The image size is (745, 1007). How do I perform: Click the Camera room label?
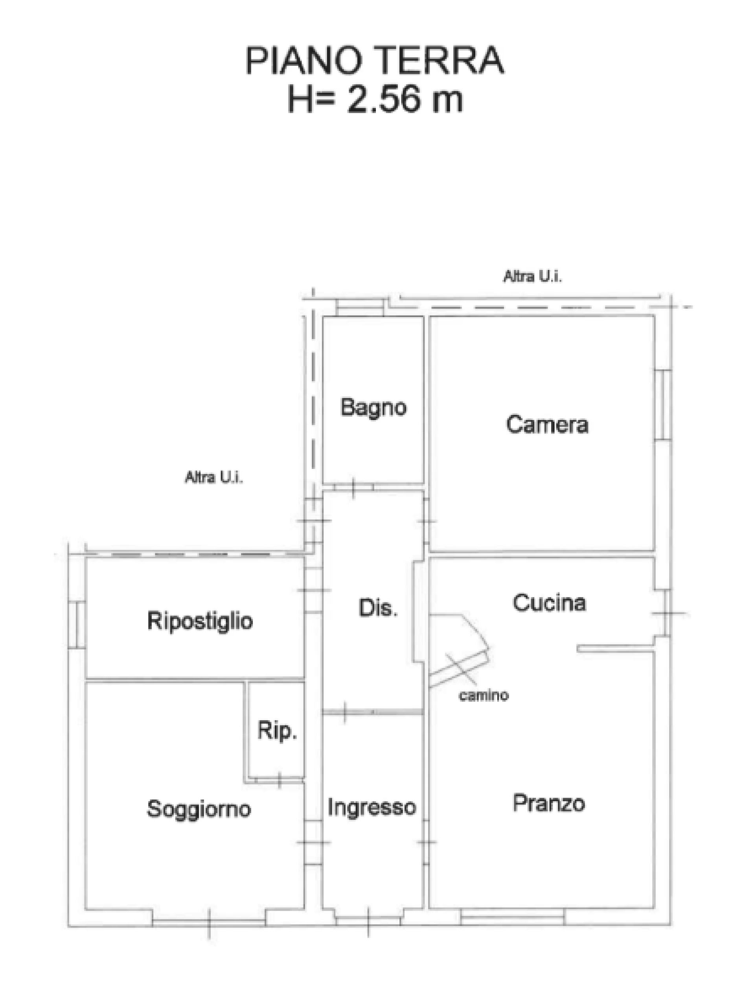tap(547, 424)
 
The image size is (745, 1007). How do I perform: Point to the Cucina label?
tap(549, 603)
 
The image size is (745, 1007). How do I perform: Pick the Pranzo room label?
tap(549, 803)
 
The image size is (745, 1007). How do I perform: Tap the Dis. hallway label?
tap(378, 608)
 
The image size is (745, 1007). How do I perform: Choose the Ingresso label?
tap(372, 808)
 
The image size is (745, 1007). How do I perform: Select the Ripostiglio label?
tap(200, 621)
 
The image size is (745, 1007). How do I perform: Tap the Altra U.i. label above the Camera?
tap(532, 276)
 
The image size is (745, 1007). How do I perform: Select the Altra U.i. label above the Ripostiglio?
tap(214, 477)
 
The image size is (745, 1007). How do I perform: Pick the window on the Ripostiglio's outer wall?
tap(77, 625)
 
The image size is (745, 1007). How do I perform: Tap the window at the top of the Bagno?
tap(360, 308)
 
